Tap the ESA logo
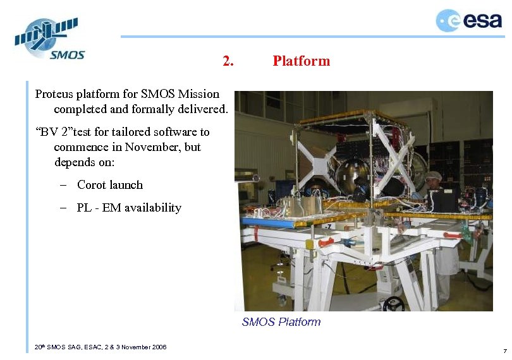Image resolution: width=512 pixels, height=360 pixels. (468, 21)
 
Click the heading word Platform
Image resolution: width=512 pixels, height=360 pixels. (301, 61)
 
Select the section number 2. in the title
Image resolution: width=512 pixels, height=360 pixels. (228, 61)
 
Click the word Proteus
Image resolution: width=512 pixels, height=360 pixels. (54, 95)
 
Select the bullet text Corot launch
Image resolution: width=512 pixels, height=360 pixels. (110, 185)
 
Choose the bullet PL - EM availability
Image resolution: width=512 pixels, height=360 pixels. (129, 208)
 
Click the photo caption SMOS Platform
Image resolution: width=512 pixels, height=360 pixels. (281, 322)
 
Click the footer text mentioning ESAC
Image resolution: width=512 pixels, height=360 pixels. (101, 347)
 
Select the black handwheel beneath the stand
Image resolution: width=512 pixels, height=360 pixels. (393, 304)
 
